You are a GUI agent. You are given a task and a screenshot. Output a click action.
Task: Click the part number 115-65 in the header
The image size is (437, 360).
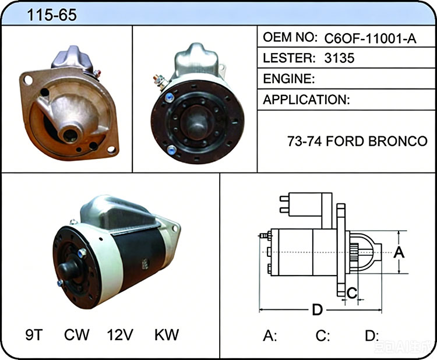(x=51, y=15)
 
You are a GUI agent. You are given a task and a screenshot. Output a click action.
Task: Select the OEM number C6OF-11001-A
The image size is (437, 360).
(x=370, y=38)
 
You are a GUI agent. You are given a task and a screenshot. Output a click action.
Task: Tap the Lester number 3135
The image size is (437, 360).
(x=339, y=58)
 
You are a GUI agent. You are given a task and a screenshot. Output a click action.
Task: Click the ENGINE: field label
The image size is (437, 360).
(x=289, y=79)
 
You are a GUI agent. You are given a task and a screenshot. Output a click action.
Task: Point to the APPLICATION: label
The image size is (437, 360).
(x=306, y=100)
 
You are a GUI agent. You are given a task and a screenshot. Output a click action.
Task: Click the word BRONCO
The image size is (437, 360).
(x=398, y=141)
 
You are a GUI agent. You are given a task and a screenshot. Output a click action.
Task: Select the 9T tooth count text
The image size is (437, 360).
(x=34, y=334)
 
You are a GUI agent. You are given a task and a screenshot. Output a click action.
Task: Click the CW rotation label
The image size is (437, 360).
(x=76, y=334)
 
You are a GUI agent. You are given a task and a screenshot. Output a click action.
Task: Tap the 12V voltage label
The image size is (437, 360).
(x=120, y=334)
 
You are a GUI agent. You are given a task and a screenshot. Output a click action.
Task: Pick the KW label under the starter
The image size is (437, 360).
(x=167, y=334)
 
